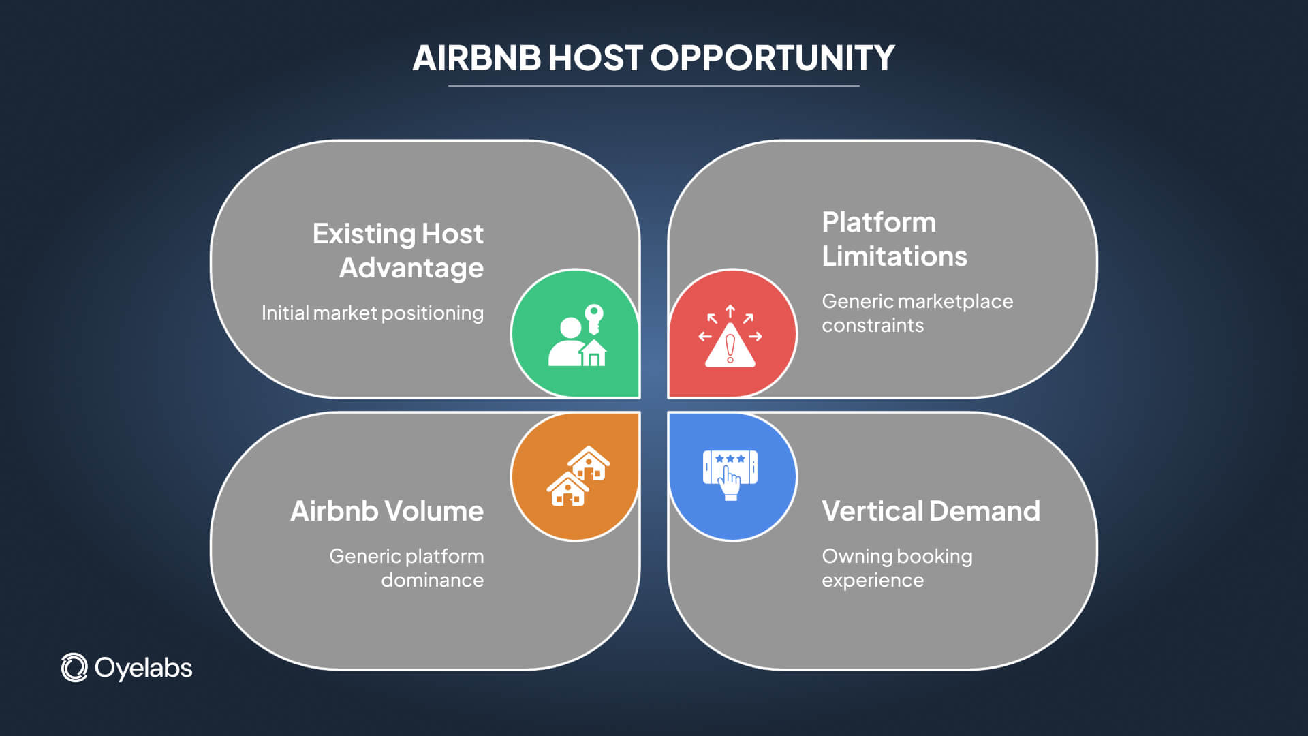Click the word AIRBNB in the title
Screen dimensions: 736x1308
[476, 58]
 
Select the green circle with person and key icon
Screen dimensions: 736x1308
[575, 333]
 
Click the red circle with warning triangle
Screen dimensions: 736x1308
[732, 333]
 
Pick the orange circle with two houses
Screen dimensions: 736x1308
[575, 476]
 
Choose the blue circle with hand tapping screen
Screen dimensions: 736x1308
[732, 476]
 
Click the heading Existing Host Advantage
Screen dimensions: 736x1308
[399, 251]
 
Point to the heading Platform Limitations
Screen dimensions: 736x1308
[894, 239]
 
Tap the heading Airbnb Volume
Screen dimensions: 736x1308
[387, 511]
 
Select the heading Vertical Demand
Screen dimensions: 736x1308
[931, 511]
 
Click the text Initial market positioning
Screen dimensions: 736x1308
[373, 313]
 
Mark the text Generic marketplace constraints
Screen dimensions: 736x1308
[917, 313]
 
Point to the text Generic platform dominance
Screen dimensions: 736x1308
[407, 568]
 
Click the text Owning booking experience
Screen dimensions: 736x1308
[897, 568]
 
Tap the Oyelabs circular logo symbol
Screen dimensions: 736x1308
[74, 668]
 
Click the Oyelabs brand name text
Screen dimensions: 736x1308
[144, 668]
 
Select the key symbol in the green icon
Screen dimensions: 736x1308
[594, 318]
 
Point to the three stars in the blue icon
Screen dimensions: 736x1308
[730, 459]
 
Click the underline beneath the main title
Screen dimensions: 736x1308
[653, 86]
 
